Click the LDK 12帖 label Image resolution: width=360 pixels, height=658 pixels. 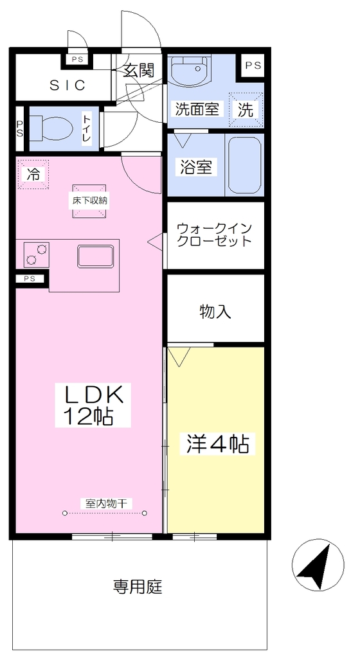click(93, 405)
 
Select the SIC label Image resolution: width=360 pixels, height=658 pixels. click(68, 85)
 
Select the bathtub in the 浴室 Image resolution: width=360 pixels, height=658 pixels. click(245, 164)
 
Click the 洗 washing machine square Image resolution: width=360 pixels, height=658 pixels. click(246, 109)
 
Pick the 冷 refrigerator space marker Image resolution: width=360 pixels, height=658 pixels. click(33, 174)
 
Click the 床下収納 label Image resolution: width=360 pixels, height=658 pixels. click(89, 200)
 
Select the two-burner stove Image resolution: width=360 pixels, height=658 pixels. click(33, 254)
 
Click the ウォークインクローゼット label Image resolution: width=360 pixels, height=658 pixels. click(214, 235)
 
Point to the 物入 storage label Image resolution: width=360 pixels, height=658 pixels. click(215, 312)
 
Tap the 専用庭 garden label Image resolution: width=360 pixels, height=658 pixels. click(138, 586)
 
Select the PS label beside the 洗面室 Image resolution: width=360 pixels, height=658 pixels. click(253, 66)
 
